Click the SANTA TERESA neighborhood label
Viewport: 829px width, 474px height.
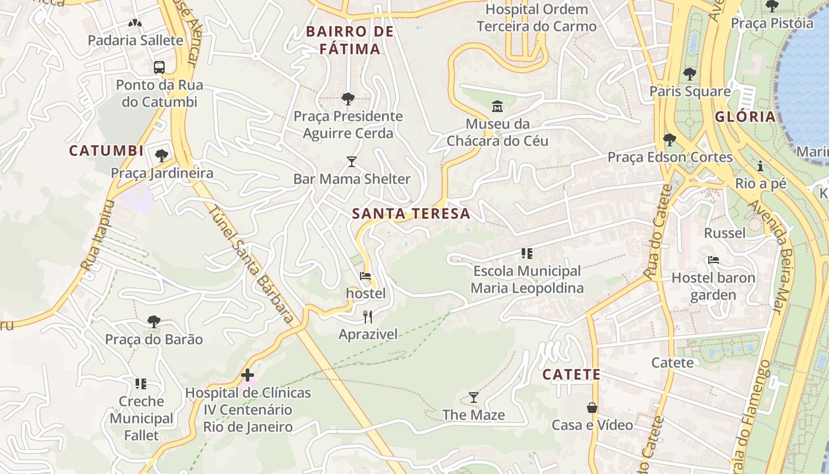tap(412, 214)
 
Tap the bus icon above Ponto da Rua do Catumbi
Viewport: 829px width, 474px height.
tap(159, 68)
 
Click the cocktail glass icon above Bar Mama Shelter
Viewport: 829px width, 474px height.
tap(352, 161)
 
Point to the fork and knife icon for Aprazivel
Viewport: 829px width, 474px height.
tap(368, 317)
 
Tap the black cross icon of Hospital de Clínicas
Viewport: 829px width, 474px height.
tap(248, 375)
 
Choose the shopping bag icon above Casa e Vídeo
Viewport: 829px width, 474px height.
tap(592, 408)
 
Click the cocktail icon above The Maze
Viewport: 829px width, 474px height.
tap(474, 397)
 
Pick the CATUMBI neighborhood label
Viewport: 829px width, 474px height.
tap(107, 150)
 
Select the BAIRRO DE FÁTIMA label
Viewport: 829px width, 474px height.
tap(350, 40)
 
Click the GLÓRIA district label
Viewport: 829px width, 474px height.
tap(745, 117)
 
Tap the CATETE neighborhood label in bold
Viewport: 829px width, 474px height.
tap(571, 374)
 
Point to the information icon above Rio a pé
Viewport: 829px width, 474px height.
tap(760, 166)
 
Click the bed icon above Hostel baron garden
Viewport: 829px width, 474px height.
tap(714, 260)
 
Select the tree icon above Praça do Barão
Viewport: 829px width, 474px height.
tap(154, 322)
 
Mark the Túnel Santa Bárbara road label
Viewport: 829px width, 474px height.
tap(252, 265)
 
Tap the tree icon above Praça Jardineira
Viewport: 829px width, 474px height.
tap(162, 156)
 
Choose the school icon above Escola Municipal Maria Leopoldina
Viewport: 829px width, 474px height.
tap(527, 254)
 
